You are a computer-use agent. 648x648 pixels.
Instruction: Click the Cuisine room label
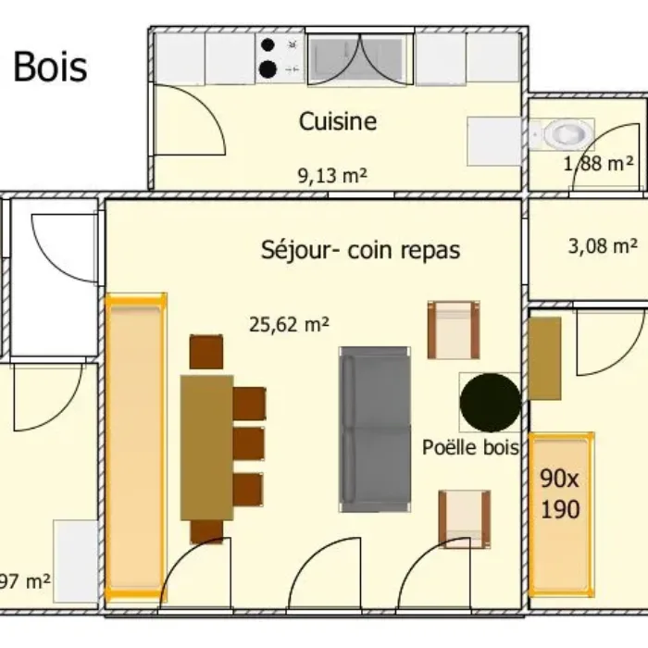(338, 121)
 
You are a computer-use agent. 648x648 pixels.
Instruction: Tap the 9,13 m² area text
(332, 176)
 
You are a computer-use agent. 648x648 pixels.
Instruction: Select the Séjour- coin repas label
(360, 250)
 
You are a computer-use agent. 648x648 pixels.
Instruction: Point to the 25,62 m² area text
(289, 324)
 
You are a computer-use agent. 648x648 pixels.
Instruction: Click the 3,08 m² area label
(603, 246)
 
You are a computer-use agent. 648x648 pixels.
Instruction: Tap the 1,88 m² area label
(598, 164)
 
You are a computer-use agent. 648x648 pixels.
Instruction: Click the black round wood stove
(490, 402)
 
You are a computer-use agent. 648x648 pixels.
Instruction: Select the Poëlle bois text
(470, 447)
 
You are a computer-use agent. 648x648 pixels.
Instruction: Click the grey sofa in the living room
(375, 430)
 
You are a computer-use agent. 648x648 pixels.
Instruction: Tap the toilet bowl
(566, 134)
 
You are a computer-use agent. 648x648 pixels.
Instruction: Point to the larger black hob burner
(268, 69)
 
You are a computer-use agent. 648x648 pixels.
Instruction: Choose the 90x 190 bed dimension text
(560, 493)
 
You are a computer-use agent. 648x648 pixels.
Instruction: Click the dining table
(207, 447)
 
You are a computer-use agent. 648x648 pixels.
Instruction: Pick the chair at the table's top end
(206, 352)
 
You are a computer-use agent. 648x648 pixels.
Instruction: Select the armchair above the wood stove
(454, 330)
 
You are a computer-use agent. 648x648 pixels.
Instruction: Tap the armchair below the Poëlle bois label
(465, 519)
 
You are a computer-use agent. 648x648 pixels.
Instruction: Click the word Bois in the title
(50, 67)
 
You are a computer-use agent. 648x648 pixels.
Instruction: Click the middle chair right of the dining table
(248, 443)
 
